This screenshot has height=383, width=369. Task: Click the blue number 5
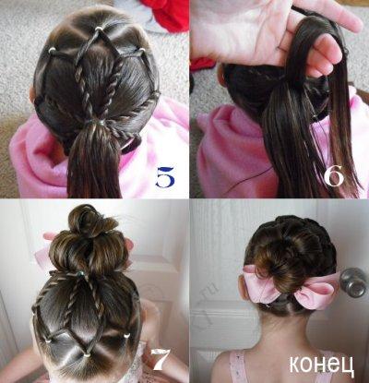(x=165, y=177)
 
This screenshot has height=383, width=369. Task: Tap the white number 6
(x=334, y=176)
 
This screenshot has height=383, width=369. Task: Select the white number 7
(x=161, y=359)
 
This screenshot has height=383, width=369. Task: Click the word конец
(x=322, y=366)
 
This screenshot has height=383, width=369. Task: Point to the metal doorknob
(x=353, y=282)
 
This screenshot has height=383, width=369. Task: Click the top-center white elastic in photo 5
(x=99, y=29)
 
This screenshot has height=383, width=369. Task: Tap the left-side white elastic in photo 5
(x=52, y=50)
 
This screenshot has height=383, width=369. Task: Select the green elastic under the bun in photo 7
(x=80, y=273)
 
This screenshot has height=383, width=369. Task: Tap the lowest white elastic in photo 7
(x=87, y=354)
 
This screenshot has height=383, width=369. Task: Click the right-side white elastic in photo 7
(x=126, y=336)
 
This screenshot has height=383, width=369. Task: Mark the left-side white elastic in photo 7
(x=48, y=341)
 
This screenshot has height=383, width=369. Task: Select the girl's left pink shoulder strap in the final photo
(x=237, y=367)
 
